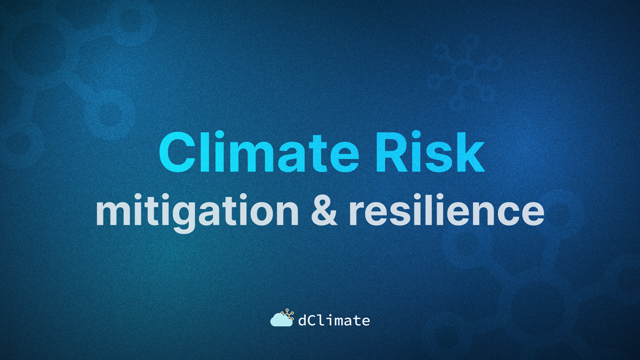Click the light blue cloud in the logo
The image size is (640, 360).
click(281, 321)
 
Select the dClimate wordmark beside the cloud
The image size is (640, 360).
click(334, 321)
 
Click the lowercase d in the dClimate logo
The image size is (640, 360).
click(302, 321)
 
